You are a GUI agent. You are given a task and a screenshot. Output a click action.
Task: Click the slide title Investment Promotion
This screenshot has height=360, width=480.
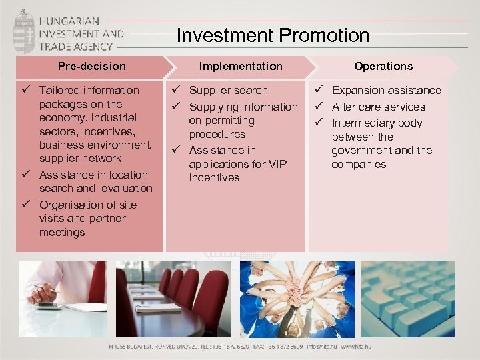pos(273,35)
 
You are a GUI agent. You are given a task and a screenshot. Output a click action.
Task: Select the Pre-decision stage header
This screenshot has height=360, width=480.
pos(91,66)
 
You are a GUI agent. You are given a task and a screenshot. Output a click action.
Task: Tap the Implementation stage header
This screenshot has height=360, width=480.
pos(241,66)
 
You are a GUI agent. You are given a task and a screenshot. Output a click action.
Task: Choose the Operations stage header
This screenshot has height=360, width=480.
pos(383,66)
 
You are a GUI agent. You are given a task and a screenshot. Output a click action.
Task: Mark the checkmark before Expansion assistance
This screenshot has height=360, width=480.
pos(319,90)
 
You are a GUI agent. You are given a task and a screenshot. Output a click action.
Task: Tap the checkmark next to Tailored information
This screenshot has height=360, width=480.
pos(26,90)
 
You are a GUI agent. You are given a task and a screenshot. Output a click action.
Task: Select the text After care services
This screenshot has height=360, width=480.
pos(378,107)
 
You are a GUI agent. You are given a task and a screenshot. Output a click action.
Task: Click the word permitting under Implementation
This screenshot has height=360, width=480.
pos(221,121)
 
